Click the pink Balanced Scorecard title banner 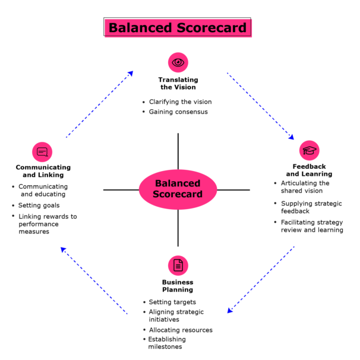coord(178,28)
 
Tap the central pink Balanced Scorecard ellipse coord(178,189)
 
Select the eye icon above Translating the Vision coord(178,62)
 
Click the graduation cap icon coord(310,151)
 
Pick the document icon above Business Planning coord(178,265)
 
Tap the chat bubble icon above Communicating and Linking coord(42,152)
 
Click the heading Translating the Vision coord(178,83)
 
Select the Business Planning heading coord(178,286)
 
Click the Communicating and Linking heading coord(43,171)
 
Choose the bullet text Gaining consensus coord(178,112)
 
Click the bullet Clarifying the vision coord(180,102)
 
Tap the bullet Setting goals coord(39,206)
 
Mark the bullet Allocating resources coord(181,330)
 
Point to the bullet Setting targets coord(172,302)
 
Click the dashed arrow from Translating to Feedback coord(260,106)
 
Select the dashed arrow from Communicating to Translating coord(99,105)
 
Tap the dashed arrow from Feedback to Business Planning coord(261,279)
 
